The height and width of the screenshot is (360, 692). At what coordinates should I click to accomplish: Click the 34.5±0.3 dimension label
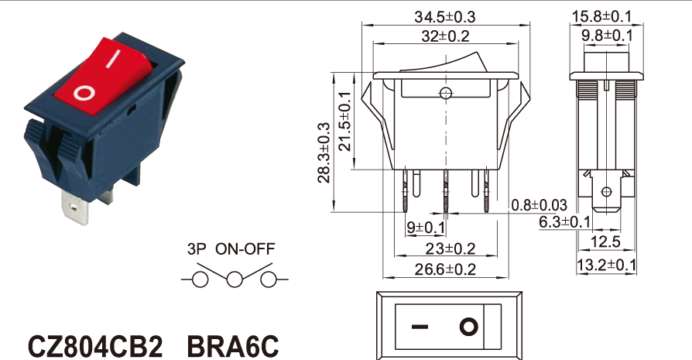click(444, 15)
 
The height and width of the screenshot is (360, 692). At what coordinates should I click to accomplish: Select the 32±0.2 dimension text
click(444, 36)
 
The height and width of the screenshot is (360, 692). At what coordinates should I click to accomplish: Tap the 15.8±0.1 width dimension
click(607, 15)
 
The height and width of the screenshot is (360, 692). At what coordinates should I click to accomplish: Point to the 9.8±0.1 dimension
click(607, 36)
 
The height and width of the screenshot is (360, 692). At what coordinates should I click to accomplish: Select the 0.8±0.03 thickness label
click(540, 205)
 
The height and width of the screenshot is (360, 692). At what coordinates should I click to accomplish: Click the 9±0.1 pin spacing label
click(425, 228)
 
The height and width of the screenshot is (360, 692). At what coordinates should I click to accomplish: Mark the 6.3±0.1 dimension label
click(565, 222)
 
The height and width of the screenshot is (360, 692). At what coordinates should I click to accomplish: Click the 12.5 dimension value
click(609, 243)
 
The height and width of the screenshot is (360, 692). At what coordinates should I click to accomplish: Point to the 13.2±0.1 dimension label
click(607, 266)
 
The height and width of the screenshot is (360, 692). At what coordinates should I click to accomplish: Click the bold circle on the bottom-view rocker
click(469, 326)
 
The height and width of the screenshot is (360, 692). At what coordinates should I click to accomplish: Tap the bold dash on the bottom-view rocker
click(419, 326)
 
